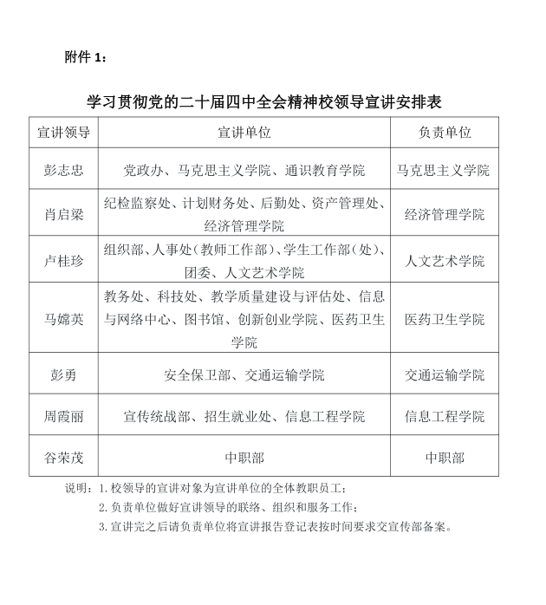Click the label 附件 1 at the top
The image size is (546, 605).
pos(87,57)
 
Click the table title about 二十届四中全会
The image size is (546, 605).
pos(264,101)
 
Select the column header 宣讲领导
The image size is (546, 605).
pos(64,133)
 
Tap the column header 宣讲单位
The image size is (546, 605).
pos(244,133)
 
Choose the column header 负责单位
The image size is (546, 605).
pos(445,133)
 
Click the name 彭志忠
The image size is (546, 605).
pos(64,170)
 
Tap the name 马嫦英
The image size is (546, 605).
pos(64,319)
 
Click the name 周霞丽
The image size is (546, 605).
pos(64,416)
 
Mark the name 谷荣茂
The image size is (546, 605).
pos(64,458)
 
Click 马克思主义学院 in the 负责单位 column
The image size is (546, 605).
pos(444,170)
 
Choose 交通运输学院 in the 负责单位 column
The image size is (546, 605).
pos(445,375)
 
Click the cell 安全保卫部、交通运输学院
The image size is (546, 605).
pos(244,375)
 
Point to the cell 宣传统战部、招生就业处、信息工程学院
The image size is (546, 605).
pos(244,416)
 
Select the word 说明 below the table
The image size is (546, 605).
pos(77,489)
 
